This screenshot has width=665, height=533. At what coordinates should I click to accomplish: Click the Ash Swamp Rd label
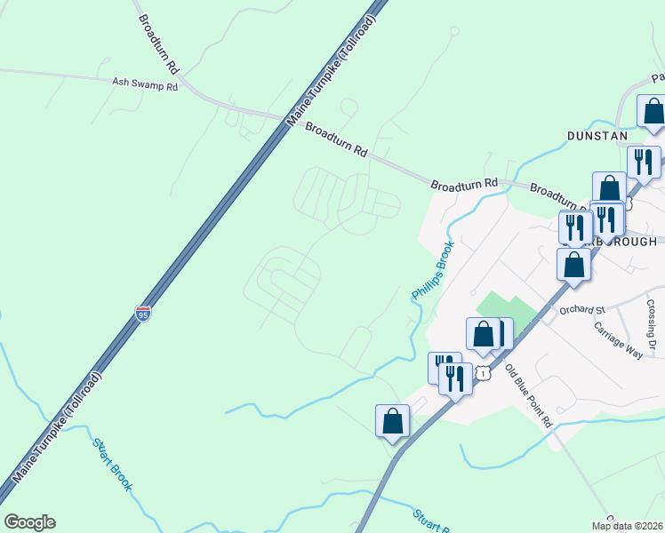tap(145, 84)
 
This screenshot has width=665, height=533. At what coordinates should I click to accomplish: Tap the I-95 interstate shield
tap(143, 313)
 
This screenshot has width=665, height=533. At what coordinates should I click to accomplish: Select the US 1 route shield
tap(482, 374)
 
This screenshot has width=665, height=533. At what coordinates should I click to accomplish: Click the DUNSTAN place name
tap(597, 136)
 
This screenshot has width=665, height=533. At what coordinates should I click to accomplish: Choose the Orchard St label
tap(581, 310)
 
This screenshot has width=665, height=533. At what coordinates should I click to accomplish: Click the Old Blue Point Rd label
tap(529, 395)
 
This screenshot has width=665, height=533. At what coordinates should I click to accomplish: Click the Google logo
tap(29, 522)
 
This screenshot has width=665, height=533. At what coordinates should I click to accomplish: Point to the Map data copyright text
tap(627, 526)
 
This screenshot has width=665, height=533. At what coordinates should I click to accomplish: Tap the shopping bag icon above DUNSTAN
tap(653, 112)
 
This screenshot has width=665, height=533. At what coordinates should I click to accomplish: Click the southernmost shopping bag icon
tap(392, 421)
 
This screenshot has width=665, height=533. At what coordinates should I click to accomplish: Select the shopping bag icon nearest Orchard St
tap(573, 265)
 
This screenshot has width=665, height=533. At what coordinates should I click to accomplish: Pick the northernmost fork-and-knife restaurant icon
tap(643, 163)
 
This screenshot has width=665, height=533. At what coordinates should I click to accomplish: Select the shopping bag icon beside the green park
tap(483, 334)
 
